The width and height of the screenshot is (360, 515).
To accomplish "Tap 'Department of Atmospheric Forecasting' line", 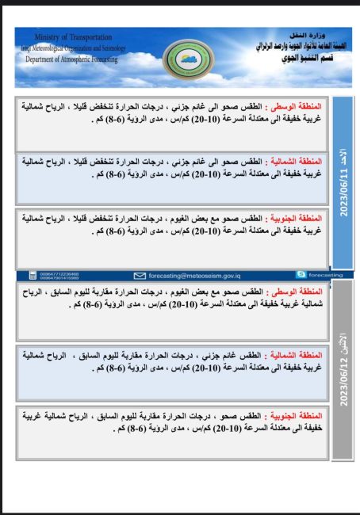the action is click(x=71, y=59).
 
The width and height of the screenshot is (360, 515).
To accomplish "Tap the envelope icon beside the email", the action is click(x=140, y=275).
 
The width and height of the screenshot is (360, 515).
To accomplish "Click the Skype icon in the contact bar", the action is click(x=301, y=274).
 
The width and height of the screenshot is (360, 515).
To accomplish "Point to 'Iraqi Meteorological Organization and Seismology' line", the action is click(x=70, y=48).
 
